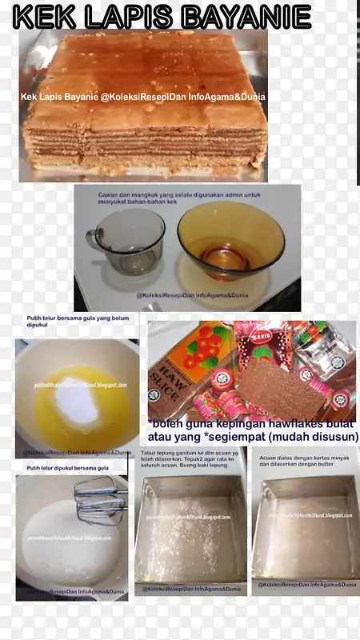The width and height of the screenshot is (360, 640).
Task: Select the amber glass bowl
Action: click(x=230, y=240)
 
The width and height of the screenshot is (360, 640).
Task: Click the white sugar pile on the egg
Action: click(x=77, y=398)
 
